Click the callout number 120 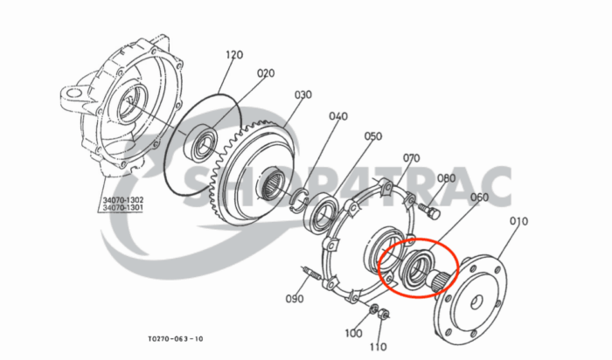pos(233,54)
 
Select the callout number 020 pos(266,73)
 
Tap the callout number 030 pos(303,95)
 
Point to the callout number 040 pos(338,116)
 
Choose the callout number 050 pos(373,136)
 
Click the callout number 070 pos(412,158)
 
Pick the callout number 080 pos(446,179)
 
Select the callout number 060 pos(479,199)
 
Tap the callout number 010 pos(518,222)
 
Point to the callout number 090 pos(294,299)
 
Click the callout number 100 pos(353,333)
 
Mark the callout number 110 pos(377,347)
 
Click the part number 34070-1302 pos(123,200)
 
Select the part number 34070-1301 pos(123,209)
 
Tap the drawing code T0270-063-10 pos(176,339)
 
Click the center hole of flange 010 pos(477,303)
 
